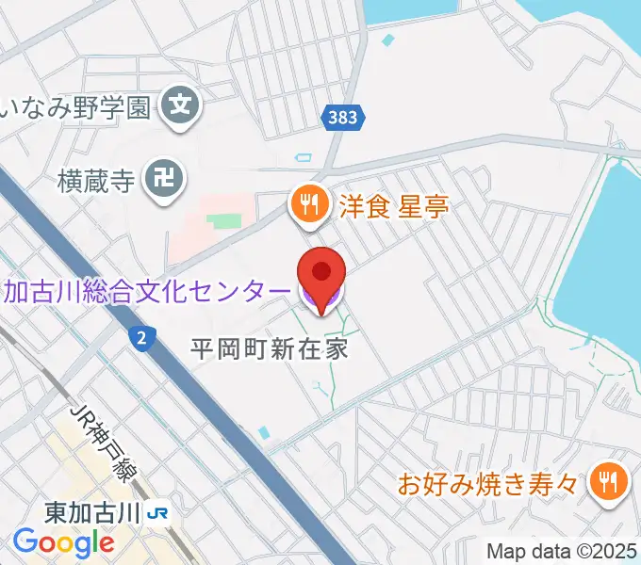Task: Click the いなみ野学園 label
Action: click(77, 106)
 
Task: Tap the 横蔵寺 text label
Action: click(97, 176)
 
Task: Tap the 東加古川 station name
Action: click(91, 514)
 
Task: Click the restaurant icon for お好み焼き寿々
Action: click(605, 484)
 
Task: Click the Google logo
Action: click(63, 542)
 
